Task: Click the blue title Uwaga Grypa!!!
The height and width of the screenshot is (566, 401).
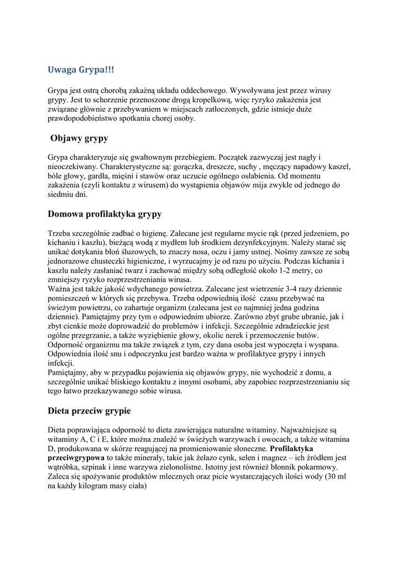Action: click(81, 70)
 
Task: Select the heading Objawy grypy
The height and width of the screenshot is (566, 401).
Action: click(79, 138)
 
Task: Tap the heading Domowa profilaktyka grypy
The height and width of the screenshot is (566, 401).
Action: click(105, 214)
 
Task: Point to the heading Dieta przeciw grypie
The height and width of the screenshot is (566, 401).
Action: click(89, 411)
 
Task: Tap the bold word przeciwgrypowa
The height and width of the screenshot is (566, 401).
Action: click(75, 458)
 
